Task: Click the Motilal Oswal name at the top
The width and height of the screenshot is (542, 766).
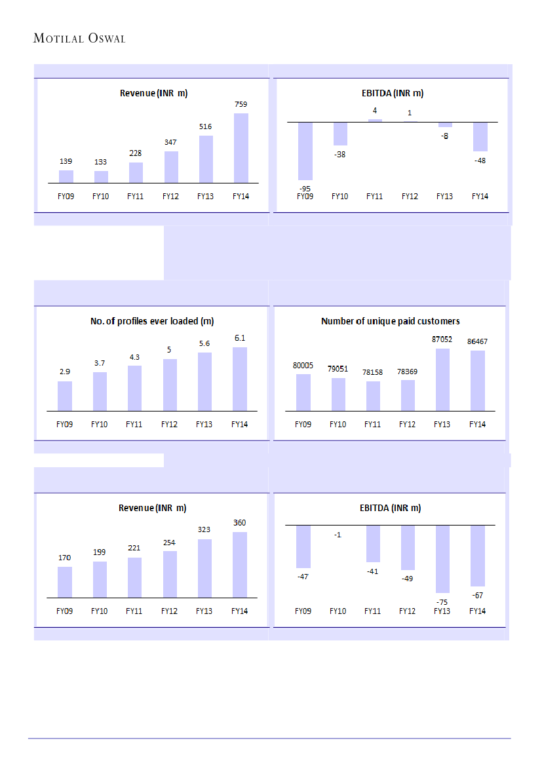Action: click(x=79, y=39)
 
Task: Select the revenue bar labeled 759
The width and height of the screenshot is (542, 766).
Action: click(x=241, y=148)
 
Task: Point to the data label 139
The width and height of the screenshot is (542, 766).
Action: click(x=66, y=161)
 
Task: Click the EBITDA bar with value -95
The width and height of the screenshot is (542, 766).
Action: click(x=305, y=151)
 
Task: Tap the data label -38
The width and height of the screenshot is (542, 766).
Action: click(x=339, y=155)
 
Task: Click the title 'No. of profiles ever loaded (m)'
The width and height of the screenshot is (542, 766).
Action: click(x=152, y=321)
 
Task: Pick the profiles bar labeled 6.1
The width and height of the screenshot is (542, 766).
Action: click(x=240, y=379)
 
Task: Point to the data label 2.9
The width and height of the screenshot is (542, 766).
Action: click(x=64, y=372)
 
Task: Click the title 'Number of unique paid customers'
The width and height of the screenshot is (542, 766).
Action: click(x=390, y=321)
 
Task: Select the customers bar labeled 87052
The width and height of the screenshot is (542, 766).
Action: click(x=442, y=379)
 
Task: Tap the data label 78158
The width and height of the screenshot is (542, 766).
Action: click(x=373, y=371)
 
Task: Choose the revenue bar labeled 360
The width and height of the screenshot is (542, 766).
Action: click(x=240, y=565)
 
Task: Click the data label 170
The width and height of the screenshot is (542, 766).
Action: click(x=64, y=558)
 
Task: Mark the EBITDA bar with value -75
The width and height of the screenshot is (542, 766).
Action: click(x=442, y=558)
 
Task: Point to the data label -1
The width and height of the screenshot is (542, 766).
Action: click(x=338, y=535)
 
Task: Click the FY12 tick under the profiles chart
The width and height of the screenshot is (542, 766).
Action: click(x=169, y=425)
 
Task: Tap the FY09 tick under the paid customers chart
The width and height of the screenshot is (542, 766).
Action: click(x=303, y=425)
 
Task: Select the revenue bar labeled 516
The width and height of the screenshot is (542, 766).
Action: click(x=206, y=159)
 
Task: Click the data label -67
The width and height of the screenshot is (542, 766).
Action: click(x=477, y=595)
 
